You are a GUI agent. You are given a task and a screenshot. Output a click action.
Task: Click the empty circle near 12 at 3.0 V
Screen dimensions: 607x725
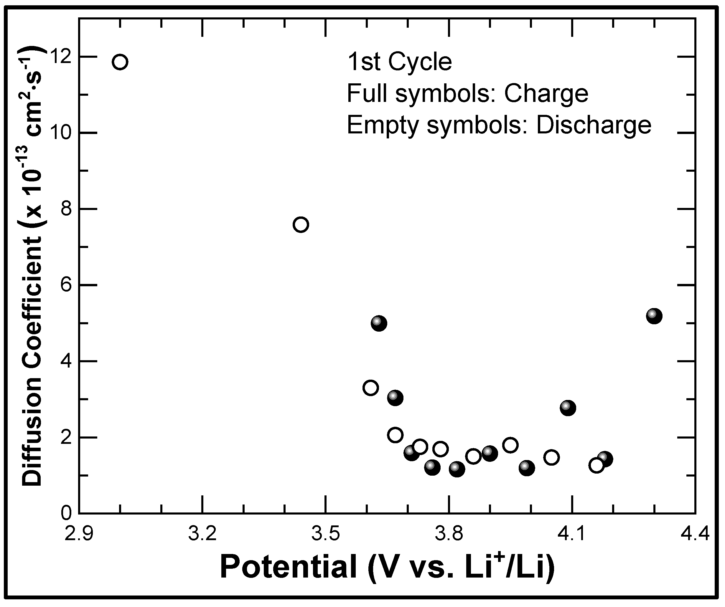point(120,62)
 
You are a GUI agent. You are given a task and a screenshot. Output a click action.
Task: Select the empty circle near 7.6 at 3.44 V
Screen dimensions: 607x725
point(301,225)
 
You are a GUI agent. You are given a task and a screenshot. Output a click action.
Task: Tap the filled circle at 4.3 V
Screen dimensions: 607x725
point(654,316)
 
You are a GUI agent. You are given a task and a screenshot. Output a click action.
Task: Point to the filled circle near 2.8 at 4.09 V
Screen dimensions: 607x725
point(568,408)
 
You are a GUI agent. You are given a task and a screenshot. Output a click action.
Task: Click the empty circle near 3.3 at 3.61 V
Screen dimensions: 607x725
point(371,388)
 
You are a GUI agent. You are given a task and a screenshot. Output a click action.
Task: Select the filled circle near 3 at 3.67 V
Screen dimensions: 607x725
point(395,398)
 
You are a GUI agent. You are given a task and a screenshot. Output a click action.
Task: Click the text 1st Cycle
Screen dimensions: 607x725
point(399,62)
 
